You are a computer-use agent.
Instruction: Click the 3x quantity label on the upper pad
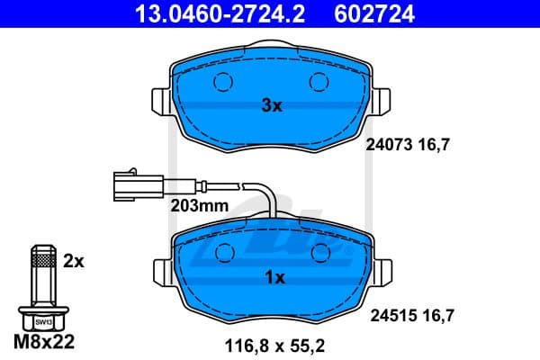(272, 105)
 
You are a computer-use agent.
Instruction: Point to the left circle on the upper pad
(221, 83)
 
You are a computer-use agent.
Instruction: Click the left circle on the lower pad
(221, 254)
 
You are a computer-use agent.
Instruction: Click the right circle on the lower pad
(320, 254)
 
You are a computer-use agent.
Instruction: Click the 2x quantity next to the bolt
(74, 261)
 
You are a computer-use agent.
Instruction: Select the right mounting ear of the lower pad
(381, 271)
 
